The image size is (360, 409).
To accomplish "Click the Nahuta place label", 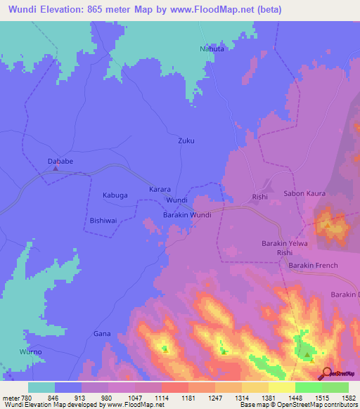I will [212, 49].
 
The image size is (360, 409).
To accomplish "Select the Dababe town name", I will [60, 161].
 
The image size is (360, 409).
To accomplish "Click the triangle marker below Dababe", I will [56, 169].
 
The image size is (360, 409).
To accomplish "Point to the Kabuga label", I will [115, 195].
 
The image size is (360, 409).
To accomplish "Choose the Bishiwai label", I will [104, 220].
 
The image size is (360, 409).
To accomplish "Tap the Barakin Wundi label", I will [187, 214].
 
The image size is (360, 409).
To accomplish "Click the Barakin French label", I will [313, 265].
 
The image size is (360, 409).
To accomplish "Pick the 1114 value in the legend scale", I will [162, 397].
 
